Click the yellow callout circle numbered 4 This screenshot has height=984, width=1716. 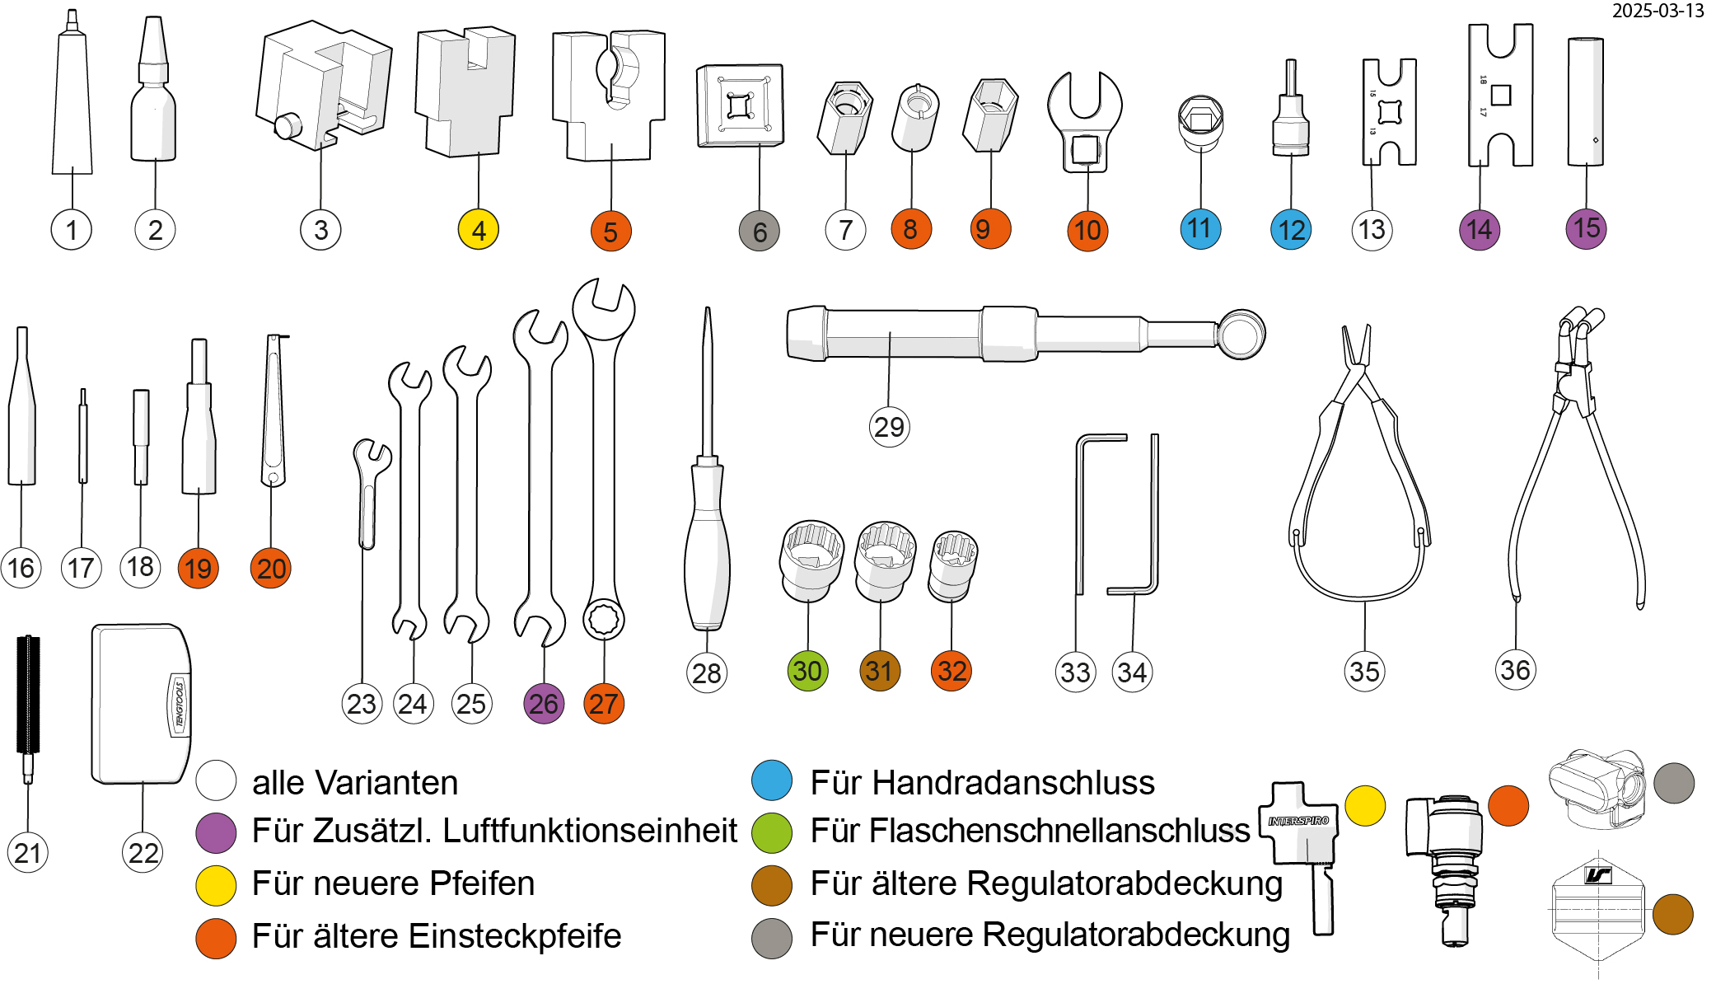(x=479, y=230)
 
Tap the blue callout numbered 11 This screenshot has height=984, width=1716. (x=1200, y=228)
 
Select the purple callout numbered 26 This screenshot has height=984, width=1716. (x=544, y=704)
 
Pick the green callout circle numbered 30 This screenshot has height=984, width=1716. (x=807, y=671)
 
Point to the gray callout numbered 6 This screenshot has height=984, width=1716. (x=760, y=232)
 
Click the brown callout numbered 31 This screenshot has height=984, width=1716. (x=880, y=671)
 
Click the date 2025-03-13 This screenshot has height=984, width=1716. (x=1658, y=11)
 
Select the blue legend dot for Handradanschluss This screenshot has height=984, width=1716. (x=772, y=781)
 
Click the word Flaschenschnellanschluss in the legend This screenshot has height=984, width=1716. (x=1030, y=831)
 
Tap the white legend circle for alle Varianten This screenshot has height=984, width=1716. (x=216, y=781)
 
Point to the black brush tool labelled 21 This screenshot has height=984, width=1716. (x=28, y=696)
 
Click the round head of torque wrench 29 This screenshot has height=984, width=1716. (x=1241, y=335)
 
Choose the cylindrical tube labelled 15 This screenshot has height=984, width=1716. (x=1585, y=101)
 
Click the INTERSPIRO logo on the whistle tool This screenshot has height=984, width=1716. (x=1298, y=821)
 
